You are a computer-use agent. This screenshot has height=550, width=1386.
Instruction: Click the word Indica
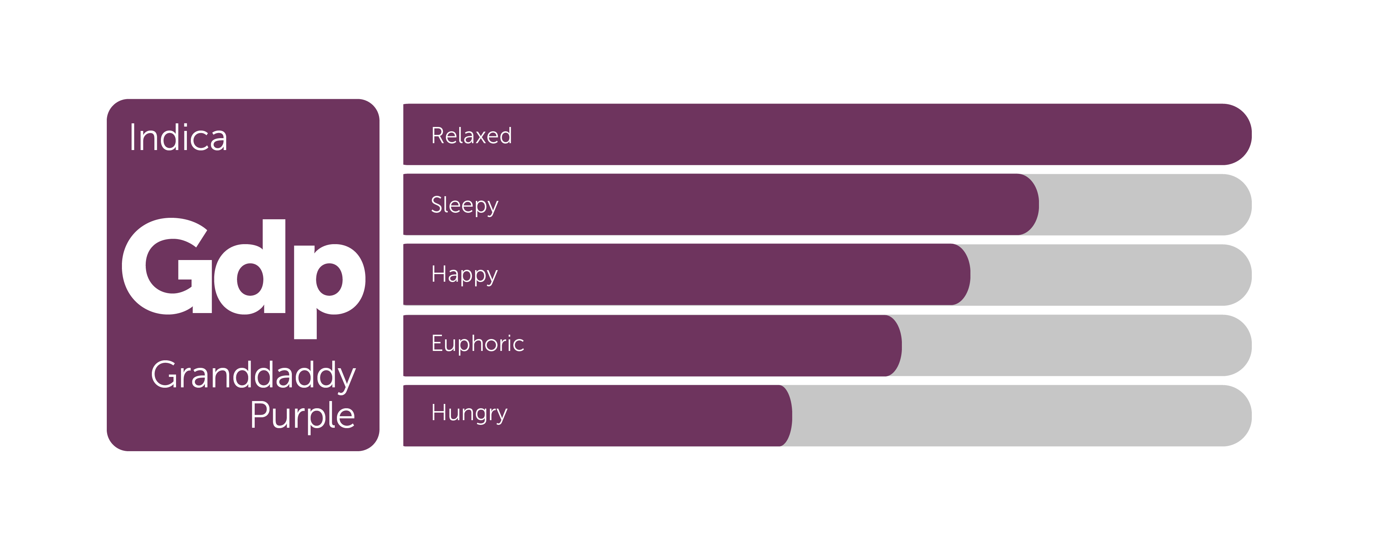click(x=178, y=138)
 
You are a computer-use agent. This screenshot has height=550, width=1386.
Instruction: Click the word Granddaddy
click(x=253, y=376)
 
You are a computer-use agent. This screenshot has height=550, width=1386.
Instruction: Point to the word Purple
click(x=302, y=415)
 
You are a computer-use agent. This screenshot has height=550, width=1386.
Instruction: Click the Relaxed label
click(x=471, y=136)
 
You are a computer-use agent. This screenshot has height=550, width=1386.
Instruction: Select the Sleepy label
click(x=464, y=206)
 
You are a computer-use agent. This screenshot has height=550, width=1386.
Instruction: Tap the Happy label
click(x=464, y=275)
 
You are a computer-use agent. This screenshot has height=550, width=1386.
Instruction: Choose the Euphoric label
click(x=477, y=344)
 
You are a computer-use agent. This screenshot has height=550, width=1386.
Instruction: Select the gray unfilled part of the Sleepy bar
click(x=1145, y=204)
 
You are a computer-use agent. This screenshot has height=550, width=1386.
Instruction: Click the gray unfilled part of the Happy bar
click(x=1111, y=274)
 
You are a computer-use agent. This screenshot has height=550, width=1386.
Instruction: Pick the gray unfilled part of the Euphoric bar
click(x=1076, y=346)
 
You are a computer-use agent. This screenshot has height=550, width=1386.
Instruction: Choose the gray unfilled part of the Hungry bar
click(x=1022, y=415)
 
